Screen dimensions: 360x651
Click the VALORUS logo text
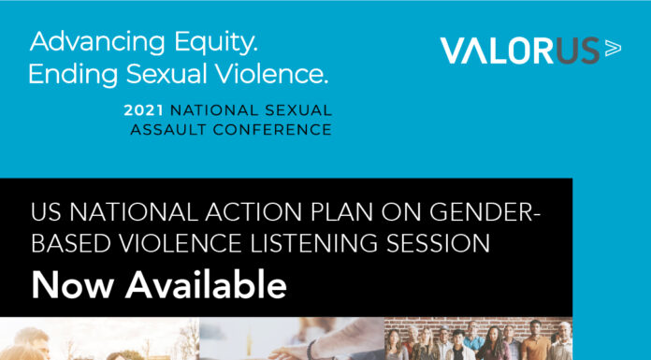[x=518, y=51]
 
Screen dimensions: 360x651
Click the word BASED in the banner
[x=66, y=244]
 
